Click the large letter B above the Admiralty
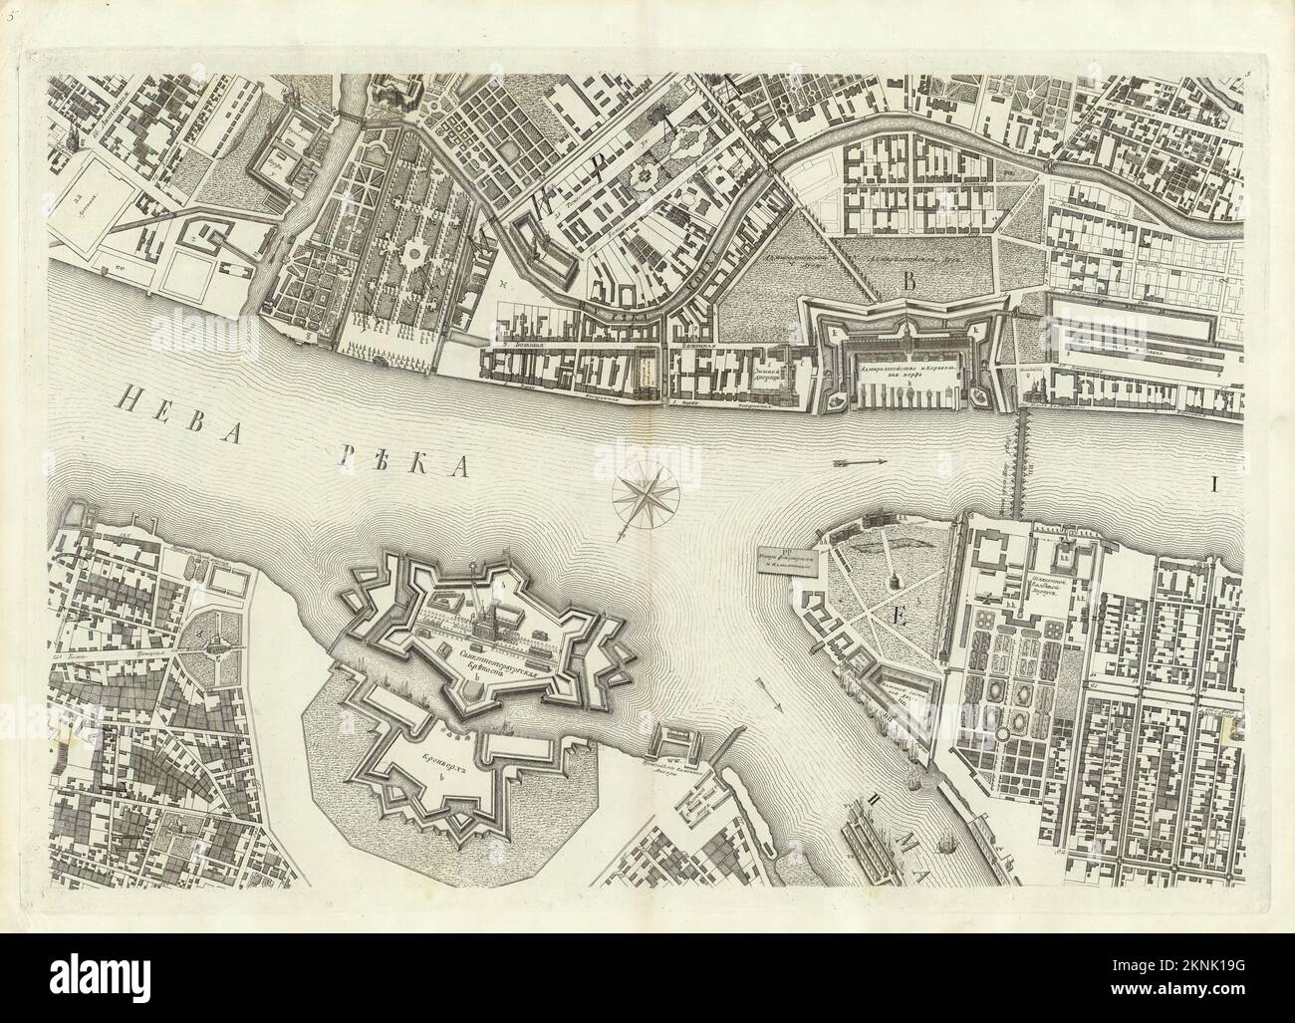click(x=907, y=282)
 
